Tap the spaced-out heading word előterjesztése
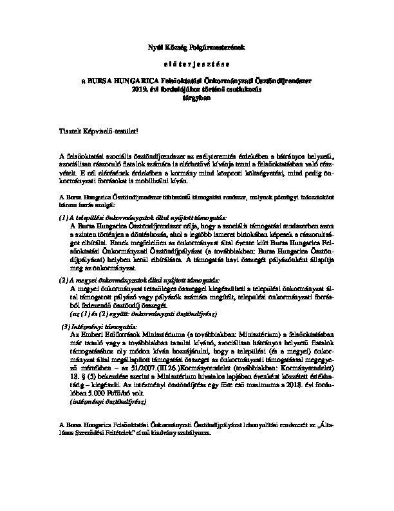tap(197, 65)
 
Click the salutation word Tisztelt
tap(70, 131)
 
